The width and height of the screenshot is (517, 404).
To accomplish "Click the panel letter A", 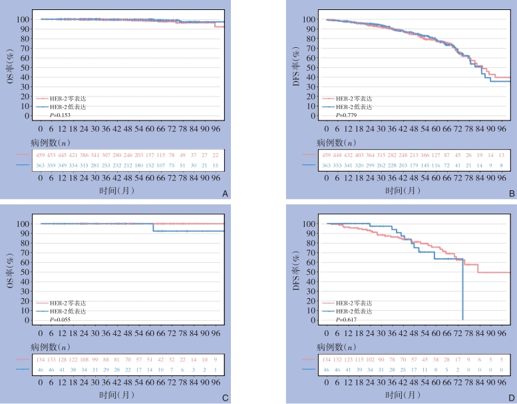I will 225,194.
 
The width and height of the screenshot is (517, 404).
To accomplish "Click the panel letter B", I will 511,194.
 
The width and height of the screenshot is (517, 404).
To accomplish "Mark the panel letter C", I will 225,399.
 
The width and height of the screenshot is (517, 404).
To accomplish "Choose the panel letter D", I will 511,399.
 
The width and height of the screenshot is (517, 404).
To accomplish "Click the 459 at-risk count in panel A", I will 41,155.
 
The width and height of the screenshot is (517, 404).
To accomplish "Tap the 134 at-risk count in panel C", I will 41,360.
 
